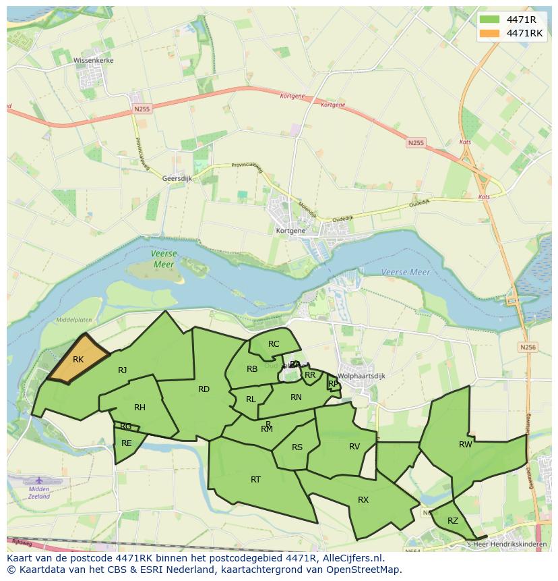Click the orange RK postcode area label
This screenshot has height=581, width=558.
click(x=78, y=360)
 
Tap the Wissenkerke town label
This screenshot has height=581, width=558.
click(x=94, y=61)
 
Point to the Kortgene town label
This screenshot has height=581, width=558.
click(x=290, y=231)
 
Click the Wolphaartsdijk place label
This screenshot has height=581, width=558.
click(x=361, y=377)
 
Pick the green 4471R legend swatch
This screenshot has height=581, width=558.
click(x=490, y=19)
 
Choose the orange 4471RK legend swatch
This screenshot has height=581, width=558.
click(x=490, y=33)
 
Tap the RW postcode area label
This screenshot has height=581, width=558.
click(x=466, y=445)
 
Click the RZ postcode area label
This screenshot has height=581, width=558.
click(x=453, y=520)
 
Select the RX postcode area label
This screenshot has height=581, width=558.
click(x=363, y=500)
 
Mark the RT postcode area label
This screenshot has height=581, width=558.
click(x=255, y=480)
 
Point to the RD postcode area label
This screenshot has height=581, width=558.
click(x=204, y=389)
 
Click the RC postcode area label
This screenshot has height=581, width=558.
click(x=274, y=344)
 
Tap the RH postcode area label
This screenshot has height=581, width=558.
click(x=139, y=408)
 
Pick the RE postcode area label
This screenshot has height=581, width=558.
click(x=127, y=443)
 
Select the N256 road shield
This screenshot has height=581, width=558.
click(x=528, y=347)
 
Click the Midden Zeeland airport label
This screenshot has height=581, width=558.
click(x=39, y=493)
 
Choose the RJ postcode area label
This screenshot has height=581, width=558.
click(x=122, y=370)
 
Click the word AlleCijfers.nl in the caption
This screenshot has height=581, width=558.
click(x=350, y=559)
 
